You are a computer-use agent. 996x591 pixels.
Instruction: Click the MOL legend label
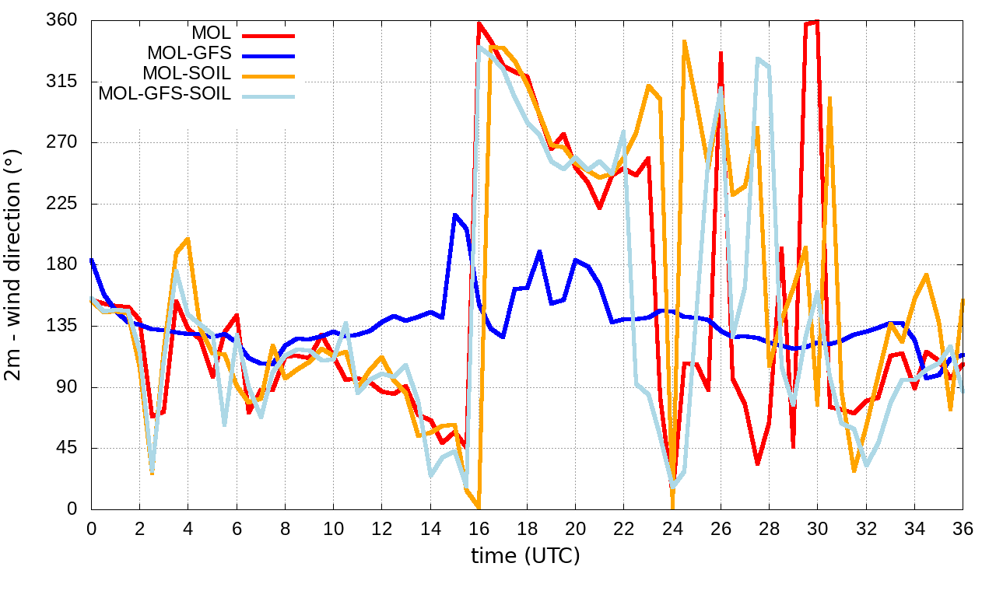click(x=211, y=33)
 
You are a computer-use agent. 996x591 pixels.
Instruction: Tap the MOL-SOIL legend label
click(x=187, y=74)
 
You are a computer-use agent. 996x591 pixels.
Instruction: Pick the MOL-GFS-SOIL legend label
click(x=164, y=94)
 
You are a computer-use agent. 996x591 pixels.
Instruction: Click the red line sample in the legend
click(x=268, y=35)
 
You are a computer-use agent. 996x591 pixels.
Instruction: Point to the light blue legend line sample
click(x=268, y=96)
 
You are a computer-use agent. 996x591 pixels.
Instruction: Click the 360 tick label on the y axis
click(x=63, y=20)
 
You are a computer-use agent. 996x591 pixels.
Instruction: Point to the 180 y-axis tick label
click(x=63, y=265)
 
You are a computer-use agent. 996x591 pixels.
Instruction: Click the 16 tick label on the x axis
click(x=479, y=528)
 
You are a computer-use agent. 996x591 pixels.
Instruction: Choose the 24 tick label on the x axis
click(x=672, y=528)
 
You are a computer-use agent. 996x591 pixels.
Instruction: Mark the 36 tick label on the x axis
click(x=963, y=528)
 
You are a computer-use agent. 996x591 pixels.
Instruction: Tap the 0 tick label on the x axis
click(x=92, y=528)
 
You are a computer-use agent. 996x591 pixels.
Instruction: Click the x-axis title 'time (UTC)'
click(x=526, y=556)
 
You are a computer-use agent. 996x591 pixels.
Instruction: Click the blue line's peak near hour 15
click(x=455, y=215)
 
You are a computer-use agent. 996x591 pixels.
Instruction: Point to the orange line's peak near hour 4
click(x=188, y=240)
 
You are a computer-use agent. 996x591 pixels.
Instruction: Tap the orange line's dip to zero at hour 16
click(x=479, y=508)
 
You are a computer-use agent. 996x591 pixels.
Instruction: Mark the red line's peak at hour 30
click(x=816, y=22)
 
